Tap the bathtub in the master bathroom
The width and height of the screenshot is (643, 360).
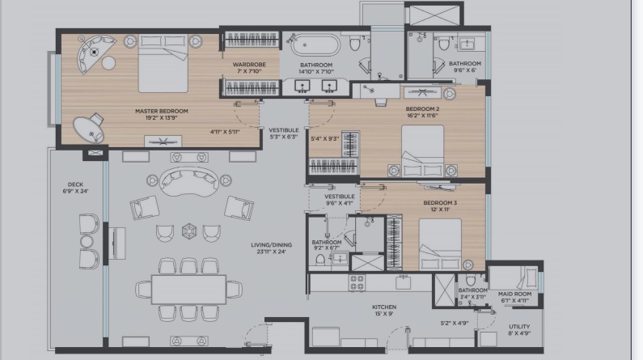coord(315,44)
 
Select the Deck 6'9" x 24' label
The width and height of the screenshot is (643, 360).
coord(75,188)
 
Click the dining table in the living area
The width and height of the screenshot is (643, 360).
coord(188,289)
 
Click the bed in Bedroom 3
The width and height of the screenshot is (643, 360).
coord(440,244)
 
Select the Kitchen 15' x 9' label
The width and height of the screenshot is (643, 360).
coord(384,311)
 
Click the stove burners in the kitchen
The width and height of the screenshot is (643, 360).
coord(357,282)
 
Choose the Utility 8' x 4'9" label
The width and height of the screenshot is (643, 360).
coord(519,330)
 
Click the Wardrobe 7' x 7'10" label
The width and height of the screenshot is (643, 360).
coord(249,68)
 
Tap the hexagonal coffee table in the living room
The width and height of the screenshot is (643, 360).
coord(189,231)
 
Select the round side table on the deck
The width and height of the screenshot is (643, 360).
coord(87,242)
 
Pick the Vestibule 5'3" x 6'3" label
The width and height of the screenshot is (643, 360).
coord(284,133)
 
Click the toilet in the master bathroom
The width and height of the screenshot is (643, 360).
coord(355,42)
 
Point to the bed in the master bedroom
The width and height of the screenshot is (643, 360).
coord(163,64)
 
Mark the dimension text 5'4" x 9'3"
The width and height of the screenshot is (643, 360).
coord(325,139)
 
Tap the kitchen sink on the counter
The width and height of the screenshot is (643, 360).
coord(403,282)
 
